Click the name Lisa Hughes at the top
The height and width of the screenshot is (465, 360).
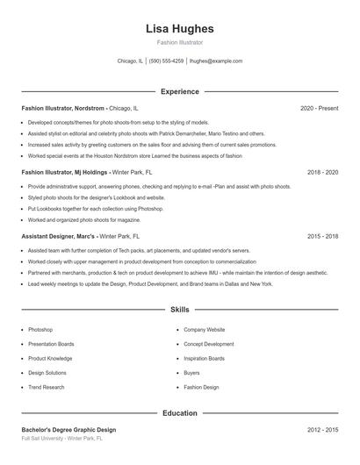point(179,29)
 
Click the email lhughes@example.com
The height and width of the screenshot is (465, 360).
point(216,61)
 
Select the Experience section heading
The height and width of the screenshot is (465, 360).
point(179,91)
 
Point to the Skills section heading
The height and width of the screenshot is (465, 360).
point(179,310)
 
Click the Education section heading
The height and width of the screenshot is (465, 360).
point(179,412)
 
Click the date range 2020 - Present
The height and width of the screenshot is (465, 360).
point(319,108)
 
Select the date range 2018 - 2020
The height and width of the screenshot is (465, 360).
point(322,173)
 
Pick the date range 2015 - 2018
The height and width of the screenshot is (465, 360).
point(322,236)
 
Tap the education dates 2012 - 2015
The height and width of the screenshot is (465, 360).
point(322,430)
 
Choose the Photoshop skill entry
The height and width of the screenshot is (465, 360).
point(40,330)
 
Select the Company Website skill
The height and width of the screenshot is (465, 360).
point(204,330)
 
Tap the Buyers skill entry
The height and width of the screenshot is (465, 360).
point(191,373)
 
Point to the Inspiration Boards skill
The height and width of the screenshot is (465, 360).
point(204,358)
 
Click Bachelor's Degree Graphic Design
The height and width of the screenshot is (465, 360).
point(68,430)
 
